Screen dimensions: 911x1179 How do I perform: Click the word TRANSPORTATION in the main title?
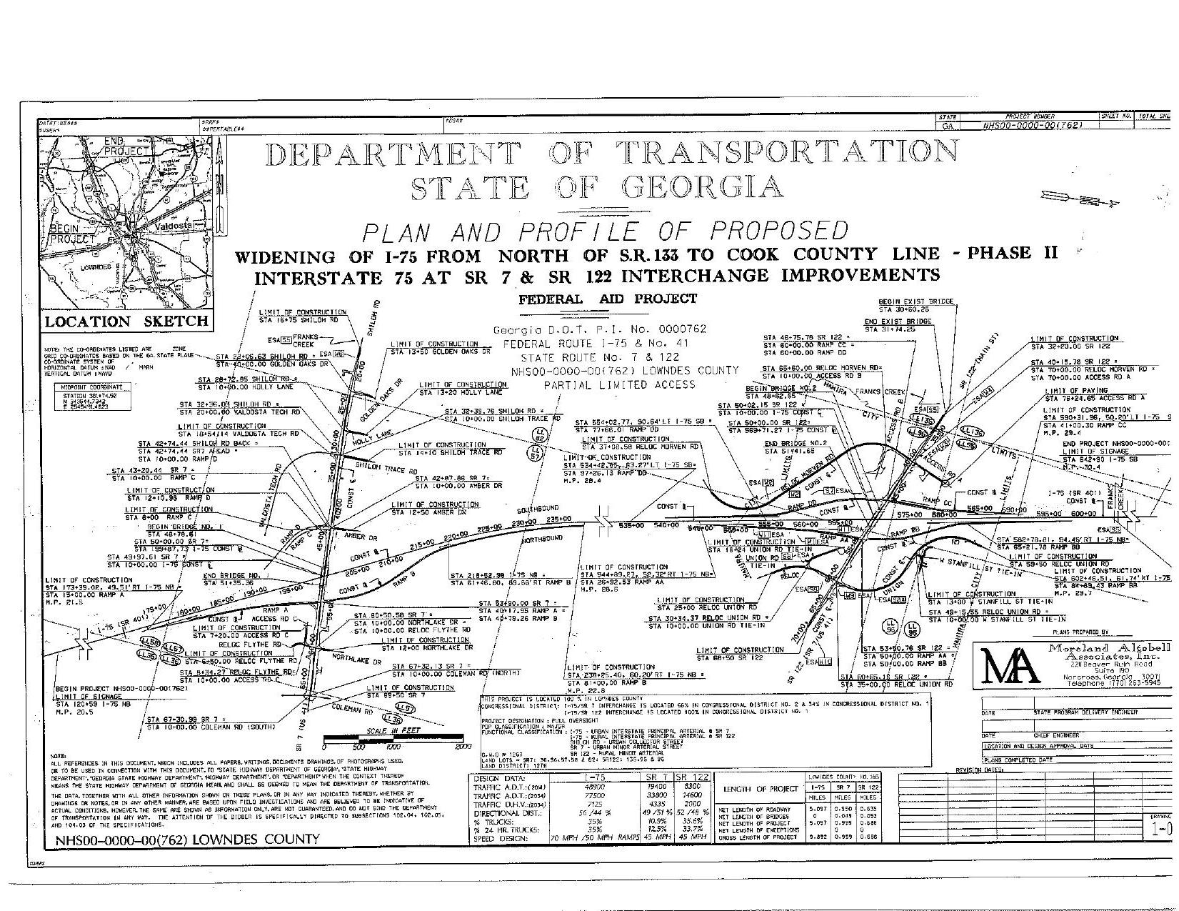pos(785,152)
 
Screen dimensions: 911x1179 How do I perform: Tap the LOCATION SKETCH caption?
pos(126,322)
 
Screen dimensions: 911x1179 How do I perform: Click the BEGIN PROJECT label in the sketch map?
pos(72,234)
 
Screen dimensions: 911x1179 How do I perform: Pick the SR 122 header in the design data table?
pos(691,777)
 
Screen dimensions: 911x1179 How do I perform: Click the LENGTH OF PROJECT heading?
pos(760,789)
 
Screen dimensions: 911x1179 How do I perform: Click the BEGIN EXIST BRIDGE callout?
pos(915,302)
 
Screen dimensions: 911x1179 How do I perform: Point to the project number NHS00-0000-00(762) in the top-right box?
pos(1033,125)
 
